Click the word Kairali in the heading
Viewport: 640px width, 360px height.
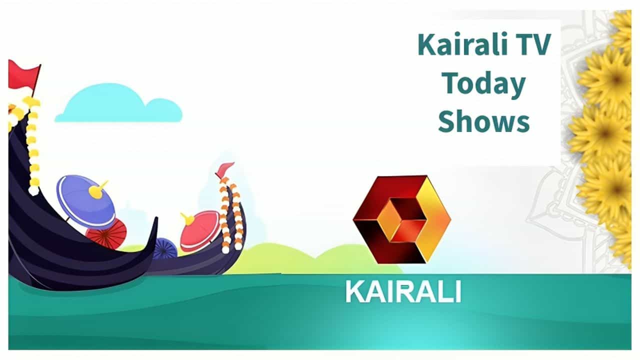(463, 44)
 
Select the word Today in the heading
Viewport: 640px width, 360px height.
(483, 84)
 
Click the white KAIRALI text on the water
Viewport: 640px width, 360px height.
(403, 291)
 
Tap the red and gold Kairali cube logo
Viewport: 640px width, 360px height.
(402, 219)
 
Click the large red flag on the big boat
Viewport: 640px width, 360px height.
(23, 75)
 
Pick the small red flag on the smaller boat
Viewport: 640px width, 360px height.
(224, 169)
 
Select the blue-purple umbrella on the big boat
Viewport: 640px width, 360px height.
(85, 201)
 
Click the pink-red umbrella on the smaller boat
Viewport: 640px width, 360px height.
(199, 230)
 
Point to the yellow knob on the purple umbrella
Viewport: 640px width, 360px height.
(97, 189)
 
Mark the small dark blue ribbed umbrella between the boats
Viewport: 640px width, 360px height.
(164, 248)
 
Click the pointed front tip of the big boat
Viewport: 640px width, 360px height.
(156, 218)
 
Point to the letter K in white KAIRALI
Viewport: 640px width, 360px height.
(355, 291)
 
